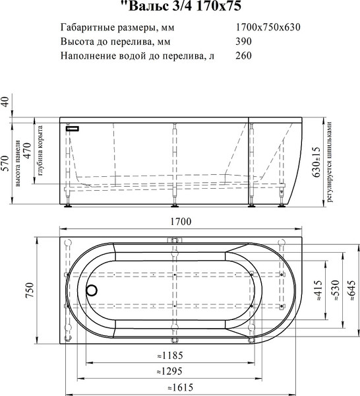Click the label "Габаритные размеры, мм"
tap(109, 28)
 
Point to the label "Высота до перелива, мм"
tap(108, 42)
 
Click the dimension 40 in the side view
tap(6, 102)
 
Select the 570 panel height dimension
tap(6, 162)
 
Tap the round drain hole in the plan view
tap(92, 289)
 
